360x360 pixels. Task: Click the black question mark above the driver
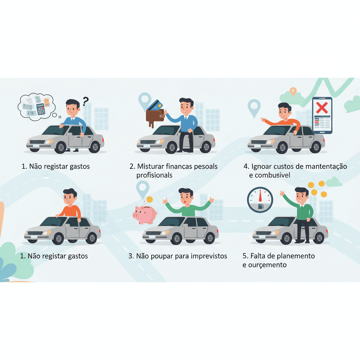[x=85, y=101]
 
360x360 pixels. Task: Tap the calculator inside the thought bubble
[x=41, y=109]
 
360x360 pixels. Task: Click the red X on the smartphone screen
[x=322, y=108]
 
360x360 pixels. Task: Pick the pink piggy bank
[x=145, y=214]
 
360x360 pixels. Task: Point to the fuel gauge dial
[x=260, y=200]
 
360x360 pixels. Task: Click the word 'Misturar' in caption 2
[x=150, y=166]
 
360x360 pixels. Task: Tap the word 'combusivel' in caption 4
[x=272, y=175]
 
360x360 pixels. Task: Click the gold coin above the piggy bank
[x=150, y=200]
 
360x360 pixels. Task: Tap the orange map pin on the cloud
[x=293, y=91]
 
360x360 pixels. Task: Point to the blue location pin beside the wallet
[x=144, y=101]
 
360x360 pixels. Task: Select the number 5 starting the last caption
[x=245, y=256]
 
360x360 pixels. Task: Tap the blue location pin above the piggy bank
[x=143, y=189]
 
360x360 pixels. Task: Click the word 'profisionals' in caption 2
[x=154, y=175]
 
